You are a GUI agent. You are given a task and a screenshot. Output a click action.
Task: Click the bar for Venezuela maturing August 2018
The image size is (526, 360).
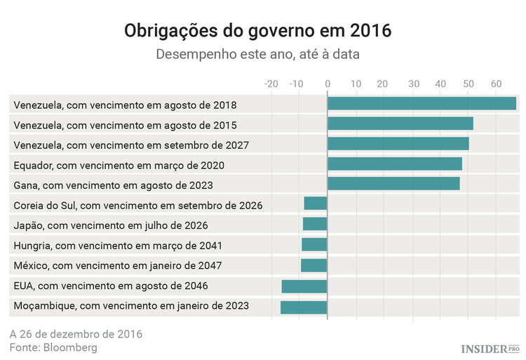coord(422,104)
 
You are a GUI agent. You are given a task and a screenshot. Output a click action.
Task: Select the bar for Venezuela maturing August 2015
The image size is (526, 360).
coord(400,124)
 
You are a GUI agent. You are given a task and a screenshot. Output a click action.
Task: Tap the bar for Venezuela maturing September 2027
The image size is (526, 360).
coord(398,144)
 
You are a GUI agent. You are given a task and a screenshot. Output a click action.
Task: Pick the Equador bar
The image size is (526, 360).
coord(394,164)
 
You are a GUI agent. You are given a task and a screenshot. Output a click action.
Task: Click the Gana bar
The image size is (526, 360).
coord(393,184)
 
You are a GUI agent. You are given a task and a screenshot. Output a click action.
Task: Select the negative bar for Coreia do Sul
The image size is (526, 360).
coord(316,204)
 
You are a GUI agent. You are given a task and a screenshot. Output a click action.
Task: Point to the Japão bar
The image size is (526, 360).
coord(315,225)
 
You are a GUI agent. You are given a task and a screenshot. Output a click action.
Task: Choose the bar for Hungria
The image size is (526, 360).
coord(314,245)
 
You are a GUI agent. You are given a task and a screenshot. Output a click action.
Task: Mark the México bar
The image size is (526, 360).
coord(314,265)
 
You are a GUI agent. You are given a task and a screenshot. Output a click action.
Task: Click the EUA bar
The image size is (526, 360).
coord(304,286)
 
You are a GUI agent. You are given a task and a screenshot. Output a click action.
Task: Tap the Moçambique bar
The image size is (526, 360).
coord(304,307)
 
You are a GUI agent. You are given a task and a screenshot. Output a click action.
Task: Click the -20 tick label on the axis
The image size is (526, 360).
coord(271,84)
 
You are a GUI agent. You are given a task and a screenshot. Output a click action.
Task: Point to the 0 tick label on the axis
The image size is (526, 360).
coord(328,84)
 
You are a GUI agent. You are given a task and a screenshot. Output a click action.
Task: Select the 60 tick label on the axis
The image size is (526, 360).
coord(496,84)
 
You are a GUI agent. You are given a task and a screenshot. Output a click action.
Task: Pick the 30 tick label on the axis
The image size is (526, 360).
coord(413,84)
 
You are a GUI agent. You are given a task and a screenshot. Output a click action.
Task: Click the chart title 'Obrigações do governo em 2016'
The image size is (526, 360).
coord(257,32)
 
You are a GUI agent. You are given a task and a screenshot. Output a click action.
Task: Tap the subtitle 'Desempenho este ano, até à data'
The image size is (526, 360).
coord(257,54)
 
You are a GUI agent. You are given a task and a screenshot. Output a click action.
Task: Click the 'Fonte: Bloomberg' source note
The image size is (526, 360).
coord(53,347)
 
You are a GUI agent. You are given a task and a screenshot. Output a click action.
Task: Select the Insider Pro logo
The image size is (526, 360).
coord(490,348)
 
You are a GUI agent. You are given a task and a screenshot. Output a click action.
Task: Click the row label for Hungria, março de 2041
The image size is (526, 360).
coord(118,246)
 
